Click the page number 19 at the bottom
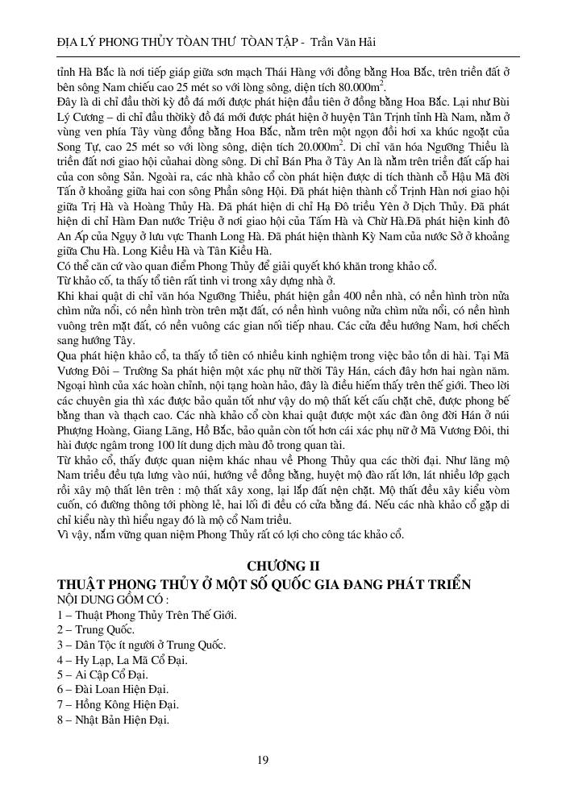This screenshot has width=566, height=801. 263,758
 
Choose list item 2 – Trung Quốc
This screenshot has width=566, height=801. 96,630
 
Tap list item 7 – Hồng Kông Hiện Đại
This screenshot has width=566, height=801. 114,704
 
